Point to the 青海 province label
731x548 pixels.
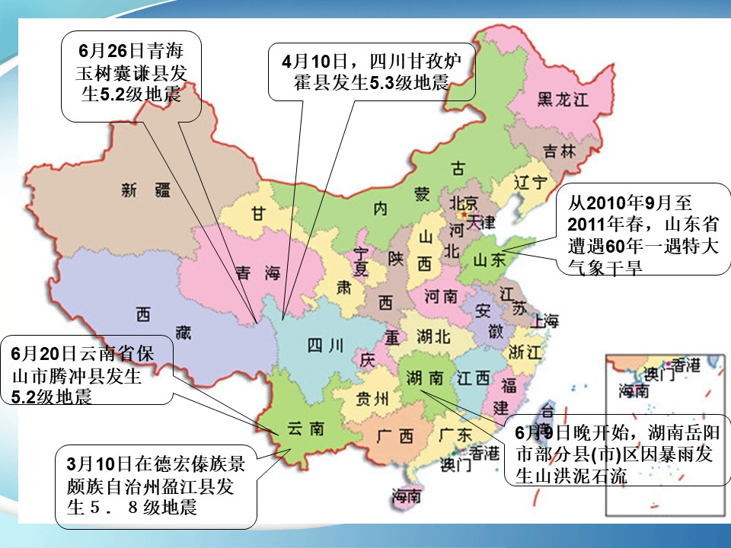256,272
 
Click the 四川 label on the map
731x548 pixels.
325,345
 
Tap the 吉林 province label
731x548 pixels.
560,151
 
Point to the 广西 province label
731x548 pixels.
394,436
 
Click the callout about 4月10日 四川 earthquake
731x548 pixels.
371,72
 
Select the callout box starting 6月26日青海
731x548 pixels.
131,76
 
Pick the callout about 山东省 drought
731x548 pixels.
643,228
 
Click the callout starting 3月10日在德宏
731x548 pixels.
155,485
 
